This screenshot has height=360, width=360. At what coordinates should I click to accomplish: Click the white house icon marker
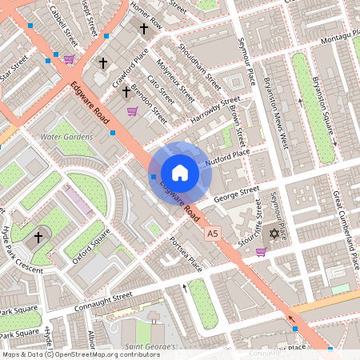pos(180,173)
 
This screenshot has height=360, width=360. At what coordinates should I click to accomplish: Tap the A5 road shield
pos(212,234)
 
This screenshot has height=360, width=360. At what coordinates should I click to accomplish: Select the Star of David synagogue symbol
pos(275,234)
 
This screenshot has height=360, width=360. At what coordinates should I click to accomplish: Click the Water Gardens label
pos(66,137)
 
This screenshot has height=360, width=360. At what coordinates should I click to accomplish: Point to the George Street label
pos(238,192)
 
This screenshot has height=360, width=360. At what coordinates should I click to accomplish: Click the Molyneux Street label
pos(177,76)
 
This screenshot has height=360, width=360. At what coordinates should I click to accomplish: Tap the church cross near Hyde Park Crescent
pos(38,238)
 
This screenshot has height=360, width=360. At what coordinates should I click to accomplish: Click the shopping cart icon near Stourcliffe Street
pos(260,251)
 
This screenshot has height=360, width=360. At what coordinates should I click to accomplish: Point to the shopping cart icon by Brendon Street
pos(132,111)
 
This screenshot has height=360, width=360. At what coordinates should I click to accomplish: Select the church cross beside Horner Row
pos(145,29)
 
